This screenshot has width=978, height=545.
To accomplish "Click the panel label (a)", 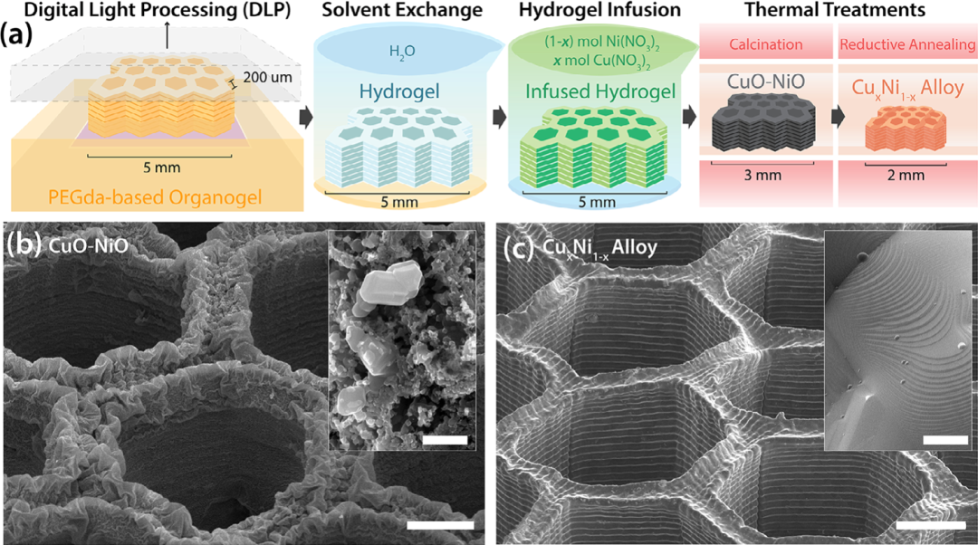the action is coord(21,37).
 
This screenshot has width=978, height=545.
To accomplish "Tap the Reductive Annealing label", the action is coord(906,44).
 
